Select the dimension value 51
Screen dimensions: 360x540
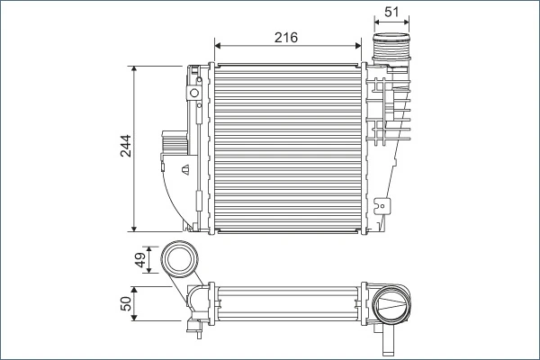point(391,11)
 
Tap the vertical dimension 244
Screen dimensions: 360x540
point(126,147)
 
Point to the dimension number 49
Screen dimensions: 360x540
point(140,260)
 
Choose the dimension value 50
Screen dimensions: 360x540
point(127,304)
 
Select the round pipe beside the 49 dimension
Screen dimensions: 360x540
point(179,261)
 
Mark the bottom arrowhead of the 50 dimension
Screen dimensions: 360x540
point(133,319)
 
